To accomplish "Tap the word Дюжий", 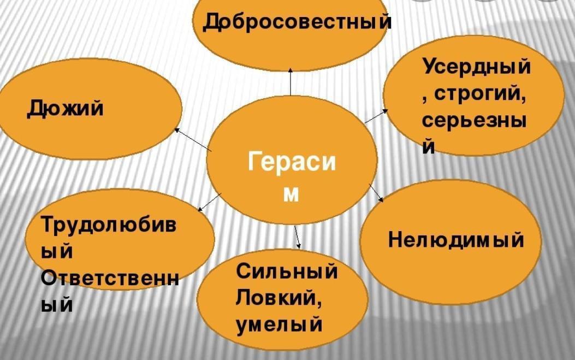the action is pyautogui.click(x=65, y=109).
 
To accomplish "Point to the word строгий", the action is pyautogui.click(x=481, y=95).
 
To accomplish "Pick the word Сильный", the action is pyautogui.click(x=287, y=272).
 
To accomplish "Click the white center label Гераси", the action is pyautogui.click(x=292, y=163).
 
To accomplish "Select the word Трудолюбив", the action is pyautogui.click(x=109, y=226).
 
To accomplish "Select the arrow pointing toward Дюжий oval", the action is pyautogui.click(x=192, y=139).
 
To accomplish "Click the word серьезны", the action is pyautogui.click(x=475, y=121).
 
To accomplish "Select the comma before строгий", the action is pyautogui.click(x=425, y=98).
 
